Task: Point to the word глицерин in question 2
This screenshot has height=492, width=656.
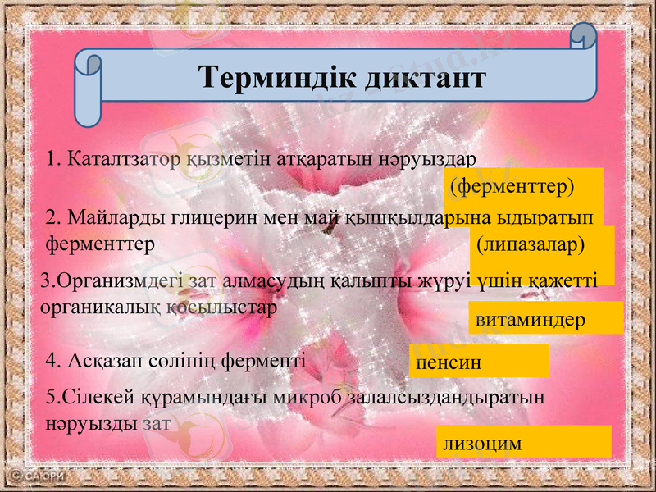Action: point(214,218)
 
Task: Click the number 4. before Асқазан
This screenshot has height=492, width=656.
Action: point(53,360)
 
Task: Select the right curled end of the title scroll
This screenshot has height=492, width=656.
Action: point(584,41)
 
